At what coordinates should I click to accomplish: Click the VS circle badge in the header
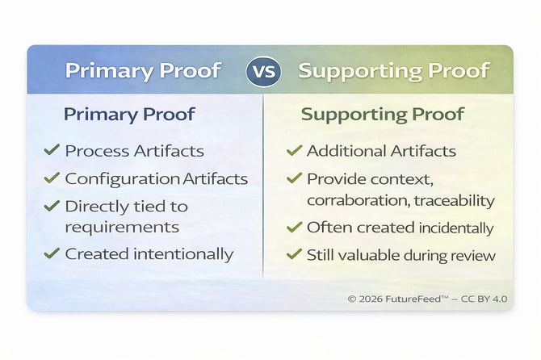click(263, 70)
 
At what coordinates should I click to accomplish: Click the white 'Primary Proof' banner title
click(142, 70)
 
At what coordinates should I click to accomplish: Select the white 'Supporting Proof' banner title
click(393, 70)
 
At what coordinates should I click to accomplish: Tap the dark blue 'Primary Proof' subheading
click(129, 114)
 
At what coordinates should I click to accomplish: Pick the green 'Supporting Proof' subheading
click(382, 114)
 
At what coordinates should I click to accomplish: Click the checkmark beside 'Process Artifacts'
click(52, 150)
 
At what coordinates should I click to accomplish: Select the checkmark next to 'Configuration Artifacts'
click(52, 178)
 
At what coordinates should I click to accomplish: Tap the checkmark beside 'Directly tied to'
click(52, 206)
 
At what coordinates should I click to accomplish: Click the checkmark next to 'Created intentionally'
click(52, 253)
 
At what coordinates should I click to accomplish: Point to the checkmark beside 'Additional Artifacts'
click(294, 150)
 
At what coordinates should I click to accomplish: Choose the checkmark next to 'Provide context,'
click(294, 178)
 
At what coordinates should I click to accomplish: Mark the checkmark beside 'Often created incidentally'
click(294, 227)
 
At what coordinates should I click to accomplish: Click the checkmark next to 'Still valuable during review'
click(294, 255)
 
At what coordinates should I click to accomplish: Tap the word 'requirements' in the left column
click(122, 227)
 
